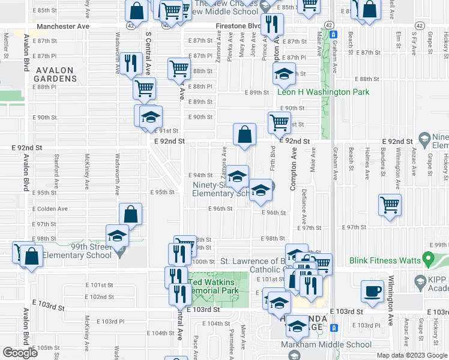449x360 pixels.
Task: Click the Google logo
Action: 20,353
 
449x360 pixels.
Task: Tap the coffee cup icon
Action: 373,291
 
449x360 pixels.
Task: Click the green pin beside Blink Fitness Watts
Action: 428,260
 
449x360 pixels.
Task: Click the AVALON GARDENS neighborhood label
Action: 54,74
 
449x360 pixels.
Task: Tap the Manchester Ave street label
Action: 62,27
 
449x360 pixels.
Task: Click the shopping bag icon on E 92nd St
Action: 244,134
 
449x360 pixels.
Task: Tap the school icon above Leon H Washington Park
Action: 282,74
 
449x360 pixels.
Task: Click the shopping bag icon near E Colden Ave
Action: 130,214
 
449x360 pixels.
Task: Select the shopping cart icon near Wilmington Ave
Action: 390,205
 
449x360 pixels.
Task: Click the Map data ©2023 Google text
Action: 411,355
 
